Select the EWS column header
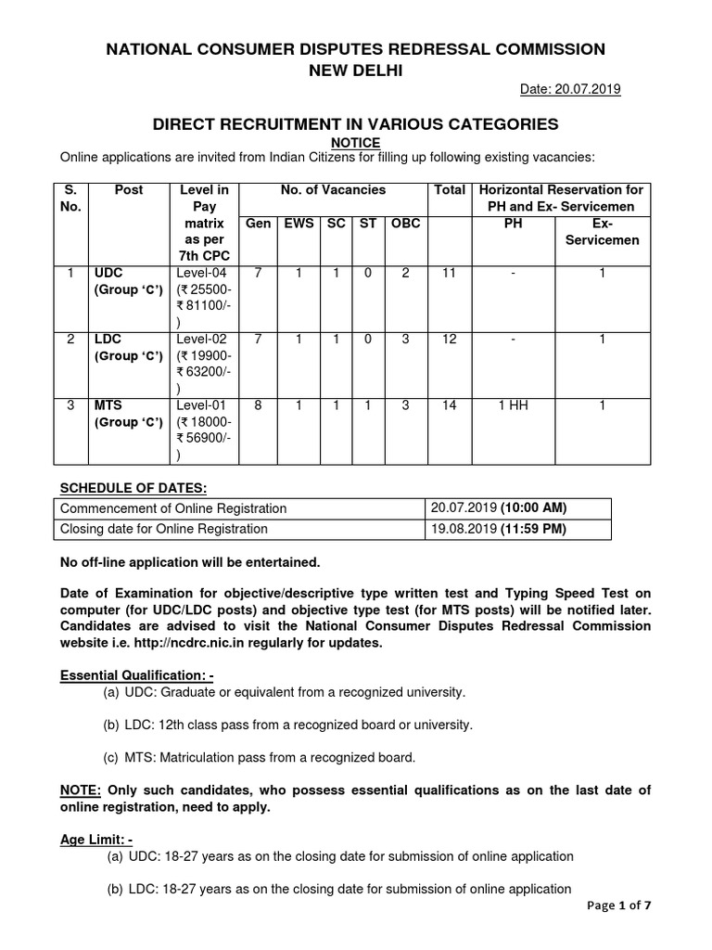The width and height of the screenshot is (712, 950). [x=298, y=224]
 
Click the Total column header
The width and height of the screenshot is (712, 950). [x=450, y=189]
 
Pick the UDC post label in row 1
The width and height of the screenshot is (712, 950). [x=108, y=273]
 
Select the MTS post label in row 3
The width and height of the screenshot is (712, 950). [x=108, y=405]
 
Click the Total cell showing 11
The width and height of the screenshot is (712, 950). [x=450, y=273]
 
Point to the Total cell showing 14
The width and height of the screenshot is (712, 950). [x=450, y=405]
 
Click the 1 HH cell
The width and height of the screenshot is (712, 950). [x=512, y=405]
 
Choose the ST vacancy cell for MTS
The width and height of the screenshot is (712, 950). [x=368, y=405]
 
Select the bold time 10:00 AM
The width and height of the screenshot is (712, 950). [x=532, y=508]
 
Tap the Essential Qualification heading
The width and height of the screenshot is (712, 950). [x=136, y=674]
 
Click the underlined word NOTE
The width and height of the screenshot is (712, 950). [x=80, y=790]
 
